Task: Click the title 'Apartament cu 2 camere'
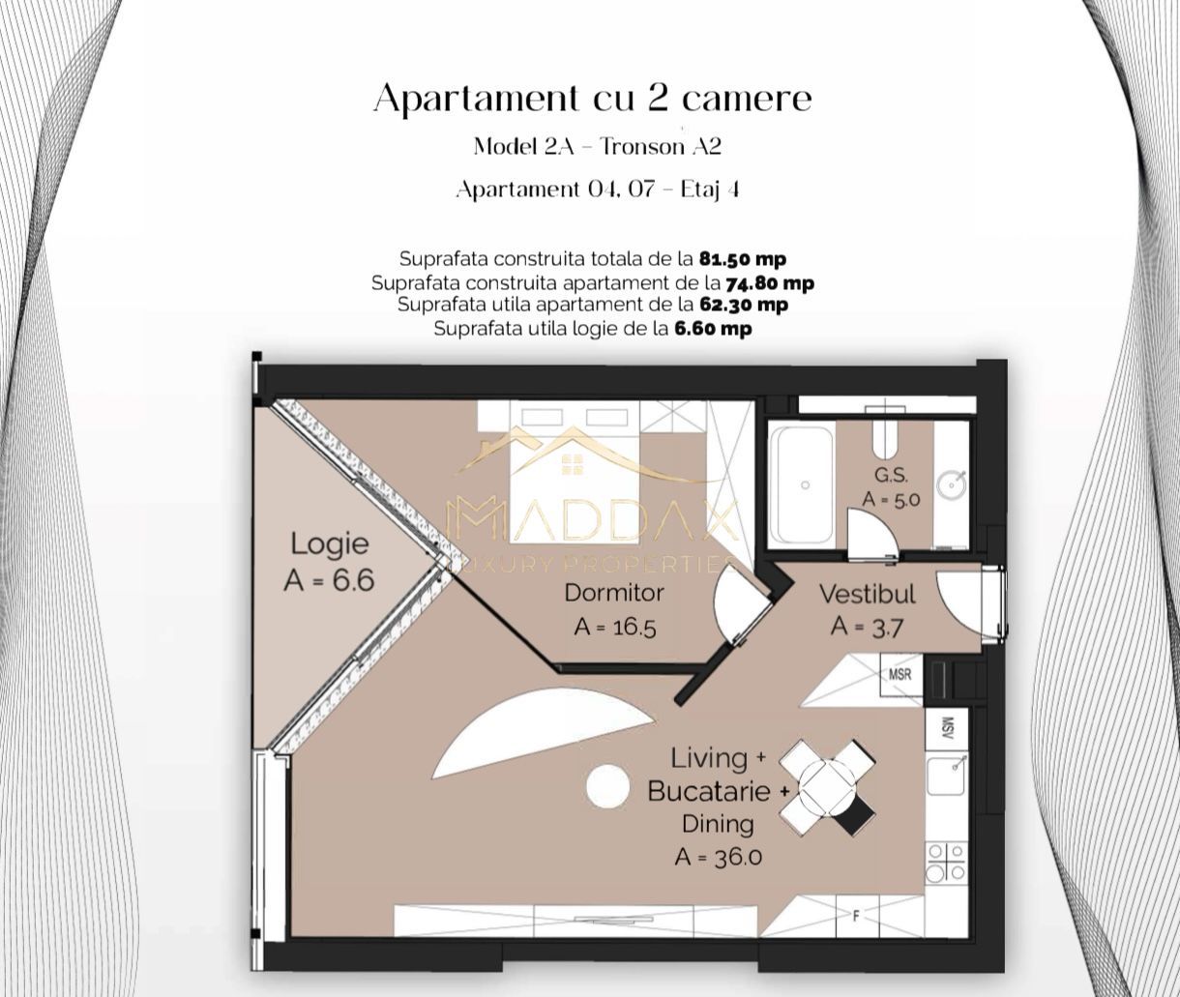(x=592, y=99)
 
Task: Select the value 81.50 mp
(x=742, y=259)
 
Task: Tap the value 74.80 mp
(x=769, y=283)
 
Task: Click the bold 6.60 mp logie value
(x=712, y=329)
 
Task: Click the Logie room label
(x=329, y=543)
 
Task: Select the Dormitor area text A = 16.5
(x=614, y=627)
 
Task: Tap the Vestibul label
(x=867, y=594)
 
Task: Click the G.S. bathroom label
(x=891, y=476)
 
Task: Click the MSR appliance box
(x=900, y=674)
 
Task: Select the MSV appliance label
(x=948, y=727)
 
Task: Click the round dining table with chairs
(x=828, y=787)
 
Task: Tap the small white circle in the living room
(x=608, y=787)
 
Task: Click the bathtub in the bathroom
(x=802, y=485)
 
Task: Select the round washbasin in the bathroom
(x=951, y=481)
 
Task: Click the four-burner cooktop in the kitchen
(x=945, y=862)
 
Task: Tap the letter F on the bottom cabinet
(x=855, y=917)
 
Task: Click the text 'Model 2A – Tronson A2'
(x=597, y=146)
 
